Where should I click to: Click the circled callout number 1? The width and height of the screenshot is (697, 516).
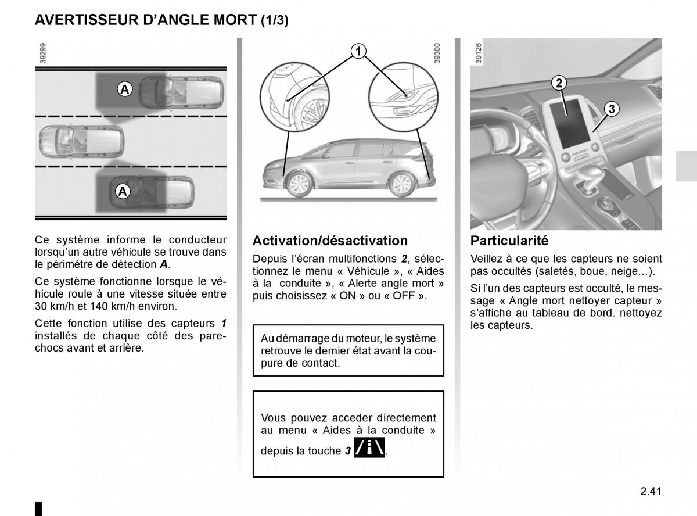pos(358,52)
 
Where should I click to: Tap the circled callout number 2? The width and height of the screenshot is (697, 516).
pos(559,83)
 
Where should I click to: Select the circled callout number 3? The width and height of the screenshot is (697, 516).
pos(612,109)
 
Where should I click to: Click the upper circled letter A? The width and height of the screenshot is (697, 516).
pos(124,89)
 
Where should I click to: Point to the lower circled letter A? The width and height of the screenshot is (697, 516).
pos(123,191)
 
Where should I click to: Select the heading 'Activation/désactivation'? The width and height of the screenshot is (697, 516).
pos(330,241)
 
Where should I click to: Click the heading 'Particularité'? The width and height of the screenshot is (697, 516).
pos(509,241)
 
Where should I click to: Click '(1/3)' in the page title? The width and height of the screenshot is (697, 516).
pos(274,21)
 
